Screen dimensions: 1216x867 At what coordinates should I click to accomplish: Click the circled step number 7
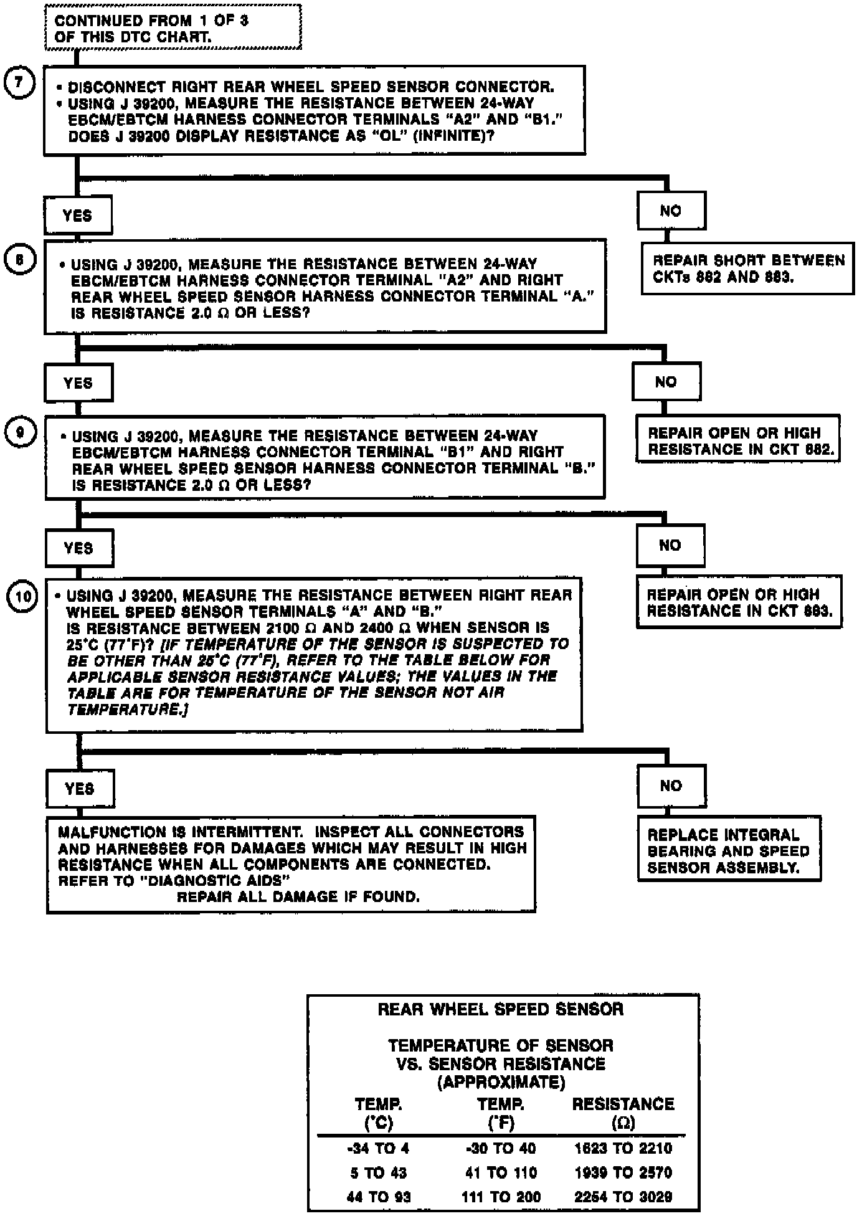[x=19, y=82]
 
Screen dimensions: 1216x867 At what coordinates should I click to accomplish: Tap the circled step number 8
[x=20, y=259]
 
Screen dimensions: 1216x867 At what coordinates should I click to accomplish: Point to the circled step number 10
[x=22, y=597]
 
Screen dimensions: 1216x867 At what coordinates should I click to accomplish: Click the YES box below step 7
[x=78, y=216]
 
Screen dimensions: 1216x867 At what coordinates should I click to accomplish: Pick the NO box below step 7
[x=671, y=211]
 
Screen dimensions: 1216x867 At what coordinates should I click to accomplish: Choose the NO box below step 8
[x=666, y=381]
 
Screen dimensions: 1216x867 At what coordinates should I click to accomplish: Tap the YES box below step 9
[x=78, y=548]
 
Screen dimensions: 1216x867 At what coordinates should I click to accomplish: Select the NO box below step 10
[x=671, y=786]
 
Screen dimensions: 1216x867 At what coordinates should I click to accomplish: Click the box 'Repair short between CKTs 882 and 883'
[x=747, y=268]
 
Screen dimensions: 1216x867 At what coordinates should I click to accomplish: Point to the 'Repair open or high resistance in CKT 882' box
[x=737, y=440]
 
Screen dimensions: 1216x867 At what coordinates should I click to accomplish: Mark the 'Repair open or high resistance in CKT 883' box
[x=739, y=602]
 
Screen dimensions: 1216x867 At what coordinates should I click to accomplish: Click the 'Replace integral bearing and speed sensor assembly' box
[x=729, y=850]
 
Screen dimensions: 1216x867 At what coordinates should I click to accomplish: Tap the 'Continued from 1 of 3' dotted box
[x=173, y=28]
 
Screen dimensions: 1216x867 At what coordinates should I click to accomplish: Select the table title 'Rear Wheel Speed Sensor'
[x=501, y=1009]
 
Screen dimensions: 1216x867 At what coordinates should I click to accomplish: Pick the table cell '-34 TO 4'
[x=379, y=1148]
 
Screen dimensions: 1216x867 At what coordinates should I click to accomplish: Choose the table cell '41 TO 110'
[x=501, y=1172]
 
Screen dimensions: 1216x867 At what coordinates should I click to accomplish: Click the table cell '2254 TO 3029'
[x=623, y=1197]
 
